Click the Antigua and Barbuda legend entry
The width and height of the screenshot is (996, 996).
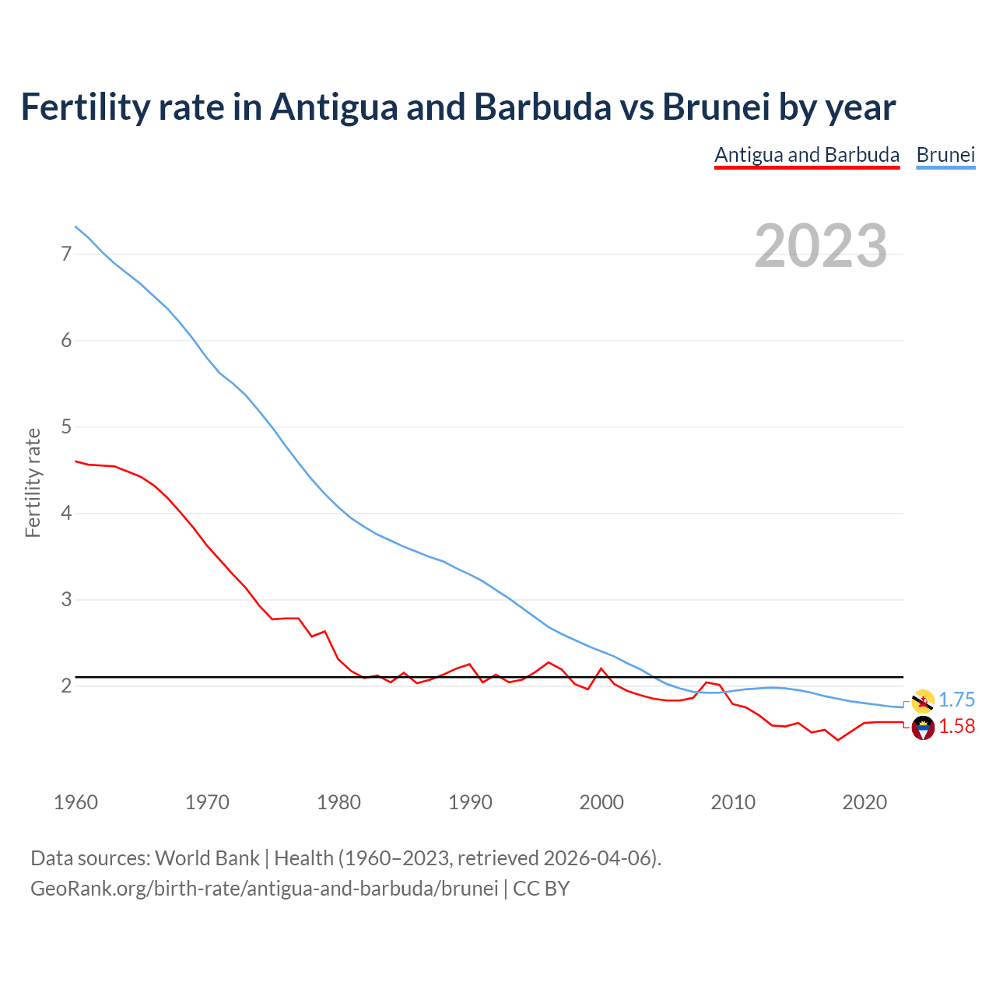pos(807,155)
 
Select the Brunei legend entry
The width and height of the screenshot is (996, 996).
pos(945,155)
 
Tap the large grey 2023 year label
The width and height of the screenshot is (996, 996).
pos(821,246)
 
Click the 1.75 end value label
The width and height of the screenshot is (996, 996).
pos(956,700)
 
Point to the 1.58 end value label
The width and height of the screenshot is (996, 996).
pos(956,726)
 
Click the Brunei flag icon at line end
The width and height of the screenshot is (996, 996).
pos(923,701)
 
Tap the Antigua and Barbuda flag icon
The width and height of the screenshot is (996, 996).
pos(923,728)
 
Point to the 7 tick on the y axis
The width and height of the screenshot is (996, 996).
pos(66,254)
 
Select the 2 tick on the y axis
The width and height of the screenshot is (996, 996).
pos(66,686)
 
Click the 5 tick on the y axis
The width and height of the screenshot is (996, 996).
pos(66,426)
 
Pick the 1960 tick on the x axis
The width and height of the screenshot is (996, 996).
pos(75,802)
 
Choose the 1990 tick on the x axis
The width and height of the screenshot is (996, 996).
pos(470,802)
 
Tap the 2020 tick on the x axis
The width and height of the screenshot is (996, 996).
pos(864,802)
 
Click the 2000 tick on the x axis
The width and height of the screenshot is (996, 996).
pos(601,802)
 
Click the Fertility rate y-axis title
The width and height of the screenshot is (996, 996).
pos(33,482)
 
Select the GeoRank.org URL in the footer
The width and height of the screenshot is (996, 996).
pos(264,888)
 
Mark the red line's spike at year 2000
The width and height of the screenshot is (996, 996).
pos(601,668)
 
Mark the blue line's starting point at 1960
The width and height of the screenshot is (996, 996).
pos(75,226)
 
